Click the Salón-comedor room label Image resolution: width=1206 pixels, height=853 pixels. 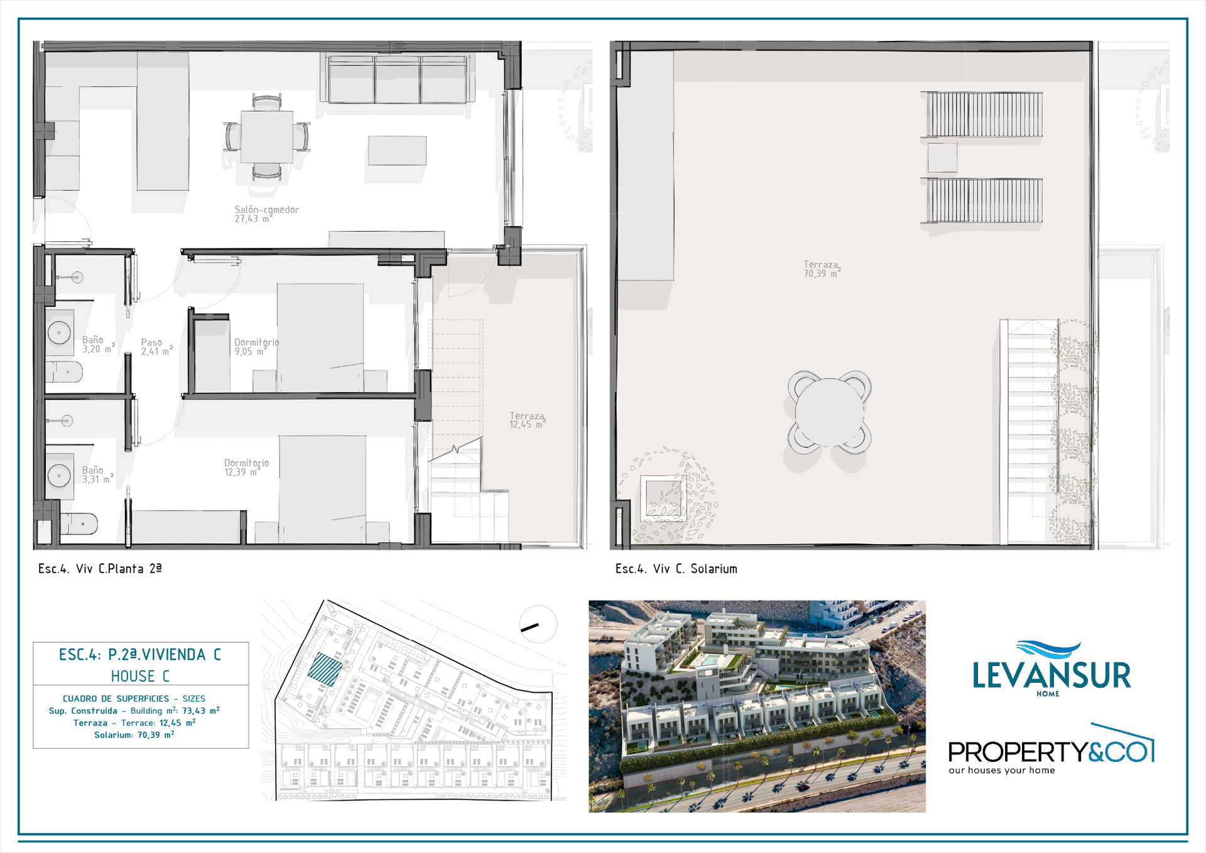266,214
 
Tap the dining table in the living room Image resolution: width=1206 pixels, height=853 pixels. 267,137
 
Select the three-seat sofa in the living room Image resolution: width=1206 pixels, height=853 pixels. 397,79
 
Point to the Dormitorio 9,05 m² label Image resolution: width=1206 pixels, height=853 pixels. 256,347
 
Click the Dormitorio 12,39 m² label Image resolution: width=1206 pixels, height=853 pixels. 246,467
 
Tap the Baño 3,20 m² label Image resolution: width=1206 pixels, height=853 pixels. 99,344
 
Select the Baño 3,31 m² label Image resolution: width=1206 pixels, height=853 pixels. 97,475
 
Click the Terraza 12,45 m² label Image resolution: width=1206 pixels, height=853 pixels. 527,420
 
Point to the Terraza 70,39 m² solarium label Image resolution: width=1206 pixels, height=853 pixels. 822,269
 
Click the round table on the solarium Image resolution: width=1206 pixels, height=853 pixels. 829,413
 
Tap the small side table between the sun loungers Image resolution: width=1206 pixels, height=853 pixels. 942,158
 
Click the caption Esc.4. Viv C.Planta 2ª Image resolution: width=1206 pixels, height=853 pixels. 100,568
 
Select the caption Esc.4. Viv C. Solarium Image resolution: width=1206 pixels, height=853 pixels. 676,568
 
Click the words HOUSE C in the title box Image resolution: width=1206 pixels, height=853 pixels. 140,676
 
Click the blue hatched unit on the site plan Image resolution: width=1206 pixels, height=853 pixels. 325,669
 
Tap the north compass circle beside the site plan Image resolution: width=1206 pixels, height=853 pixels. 538,624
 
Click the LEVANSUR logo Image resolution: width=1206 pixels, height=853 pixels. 1051,669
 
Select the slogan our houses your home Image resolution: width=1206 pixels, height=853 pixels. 1002,770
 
